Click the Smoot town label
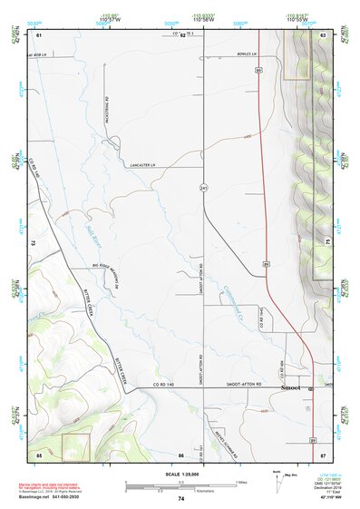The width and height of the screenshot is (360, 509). click(x=290, y=387)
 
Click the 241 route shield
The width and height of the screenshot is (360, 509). click(x=204, y=189)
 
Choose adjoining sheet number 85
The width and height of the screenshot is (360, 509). click(x=39, y=453)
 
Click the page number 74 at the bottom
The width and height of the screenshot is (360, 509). click(x=180, y=499)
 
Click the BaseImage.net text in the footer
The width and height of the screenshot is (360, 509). click(x=36, y=497)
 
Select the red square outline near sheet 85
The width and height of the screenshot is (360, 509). click(x=75, y=445)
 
